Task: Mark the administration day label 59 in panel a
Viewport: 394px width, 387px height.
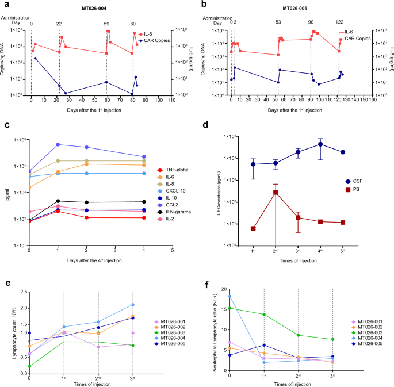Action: [x=106, y=24]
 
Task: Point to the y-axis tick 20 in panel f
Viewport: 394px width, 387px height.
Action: [x=221, y=292]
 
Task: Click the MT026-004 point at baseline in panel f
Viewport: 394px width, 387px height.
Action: [x=229, y=296]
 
